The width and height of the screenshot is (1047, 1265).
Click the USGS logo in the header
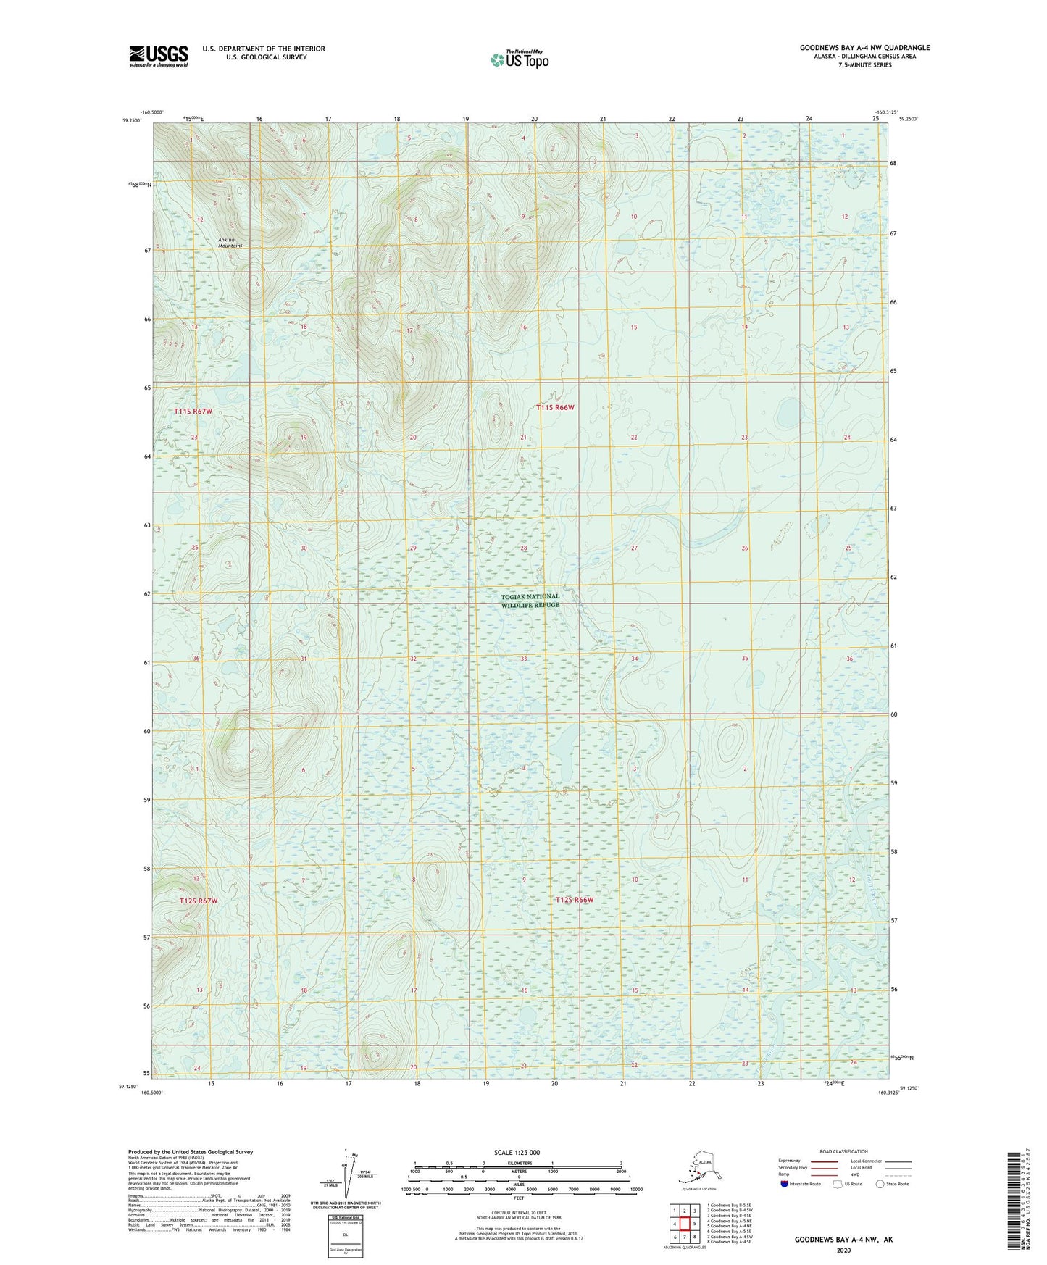158,56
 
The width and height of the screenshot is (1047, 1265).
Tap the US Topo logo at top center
519,59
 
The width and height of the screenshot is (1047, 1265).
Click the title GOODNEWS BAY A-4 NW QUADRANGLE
864,48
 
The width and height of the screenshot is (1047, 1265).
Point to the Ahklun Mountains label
230,243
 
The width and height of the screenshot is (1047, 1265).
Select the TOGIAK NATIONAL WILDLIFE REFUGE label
530,601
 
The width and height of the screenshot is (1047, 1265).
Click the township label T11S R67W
193,412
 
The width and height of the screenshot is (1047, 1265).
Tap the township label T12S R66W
575,900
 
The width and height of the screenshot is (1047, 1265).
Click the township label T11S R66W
555,408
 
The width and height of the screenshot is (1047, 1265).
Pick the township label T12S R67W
198,901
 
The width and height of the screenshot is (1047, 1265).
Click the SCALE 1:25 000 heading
517,1152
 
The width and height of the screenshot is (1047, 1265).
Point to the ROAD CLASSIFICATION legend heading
843,1151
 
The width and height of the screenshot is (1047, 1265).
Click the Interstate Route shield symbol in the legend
784,1184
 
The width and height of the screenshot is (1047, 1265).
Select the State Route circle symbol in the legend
880,1184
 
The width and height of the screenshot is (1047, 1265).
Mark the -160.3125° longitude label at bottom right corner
887,1093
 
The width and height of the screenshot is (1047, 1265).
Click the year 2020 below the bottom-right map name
843,1251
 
